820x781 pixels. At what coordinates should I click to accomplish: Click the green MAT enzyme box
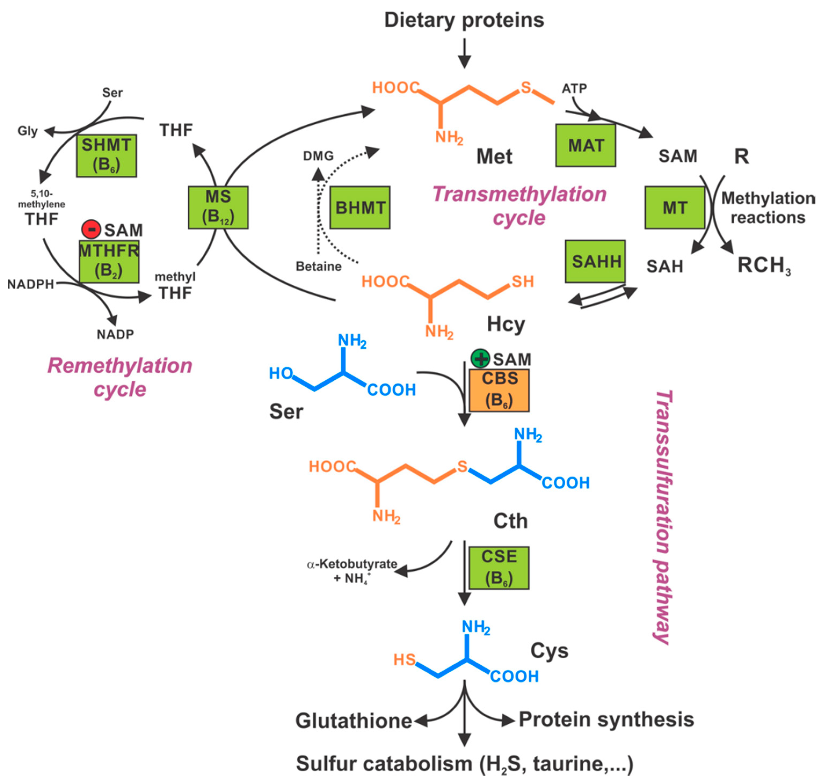click(x=585, y=145)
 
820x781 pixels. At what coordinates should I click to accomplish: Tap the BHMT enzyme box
click(x=360, y=207)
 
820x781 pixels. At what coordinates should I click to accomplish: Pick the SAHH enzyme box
click(x=595, y=261)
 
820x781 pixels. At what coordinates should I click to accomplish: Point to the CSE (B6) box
click(x=499, y=567)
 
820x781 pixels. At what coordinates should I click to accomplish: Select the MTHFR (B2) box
click(x=109, y=261)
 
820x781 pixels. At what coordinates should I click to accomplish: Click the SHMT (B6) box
click(x=106, y=155)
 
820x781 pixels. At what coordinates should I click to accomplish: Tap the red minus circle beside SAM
click(x=91, y=229)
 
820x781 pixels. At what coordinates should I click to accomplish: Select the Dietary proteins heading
click(x=464, y=20)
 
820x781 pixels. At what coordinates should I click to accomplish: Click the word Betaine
click(x=319, y=266)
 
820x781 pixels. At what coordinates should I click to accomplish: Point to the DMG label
click(x=318, y=156)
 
